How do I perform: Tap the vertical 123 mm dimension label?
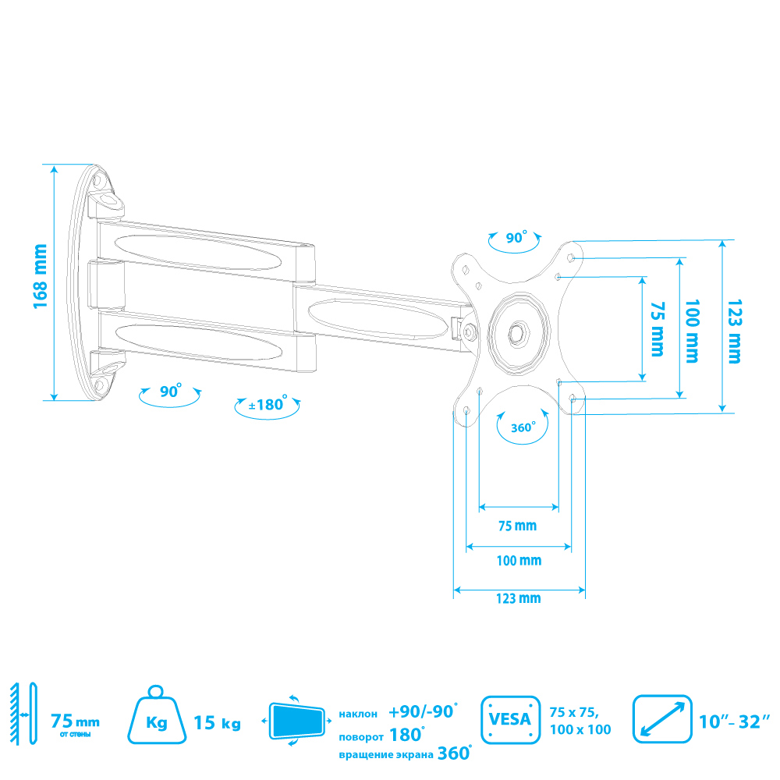[x=732, y=331]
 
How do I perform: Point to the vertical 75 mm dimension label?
[x=657, y=328]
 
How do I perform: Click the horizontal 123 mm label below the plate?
[x=518, y=598]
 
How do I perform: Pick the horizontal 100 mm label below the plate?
[x=519, y=561]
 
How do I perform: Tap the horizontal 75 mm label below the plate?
[x=518, y=526]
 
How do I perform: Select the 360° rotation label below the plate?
[x=523, y=427]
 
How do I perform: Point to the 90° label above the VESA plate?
[x=516, y=238]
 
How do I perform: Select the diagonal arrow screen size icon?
[x=662, y=718]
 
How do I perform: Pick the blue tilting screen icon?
[x=297, y=718]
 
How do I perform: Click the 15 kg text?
[x=217, y=722]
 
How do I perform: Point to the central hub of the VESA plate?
[x=516, y=331]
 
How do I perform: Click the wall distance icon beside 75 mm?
[x=23, y=714]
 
